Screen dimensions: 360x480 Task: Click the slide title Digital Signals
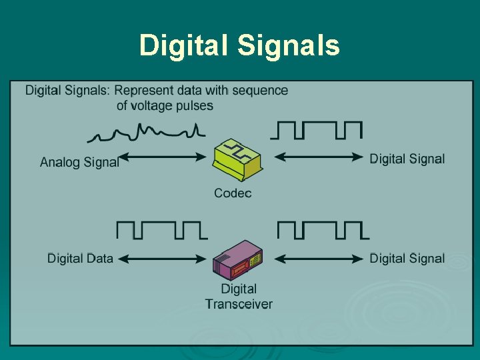point(239,45)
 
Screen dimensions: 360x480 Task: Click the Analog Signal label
point(79,161)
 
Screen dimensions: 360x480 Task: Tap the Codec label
point(233,193)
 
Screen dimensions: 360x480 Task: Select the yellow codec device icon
point(237,159)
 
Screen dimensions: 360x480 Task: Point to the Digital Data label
point(80,258)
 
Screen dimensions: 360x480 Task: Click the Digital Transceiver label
point(239,297)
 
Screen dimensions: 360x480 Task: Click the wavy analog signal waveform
point(147,133)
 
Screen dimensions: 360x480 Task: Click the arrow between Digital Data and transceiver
point(162,258)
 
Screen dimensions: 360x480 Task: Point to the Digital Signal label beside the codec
point(407,158)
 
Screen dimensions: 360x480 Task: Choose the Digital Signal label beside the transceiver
point(407,258)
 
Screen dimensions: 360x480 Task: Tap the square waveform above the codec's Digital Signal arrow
point(317,131)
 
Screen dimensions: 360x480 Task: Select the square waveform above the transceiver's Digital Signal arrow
point(323,230)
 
